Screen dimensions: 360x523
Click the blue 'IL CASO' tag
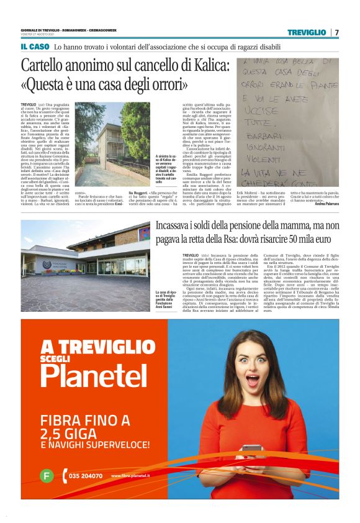(35, 47)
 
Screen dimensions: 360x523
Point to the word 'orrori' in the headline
(162, 83)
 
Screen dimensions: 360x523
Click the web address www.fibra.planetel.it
(131, 476)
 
